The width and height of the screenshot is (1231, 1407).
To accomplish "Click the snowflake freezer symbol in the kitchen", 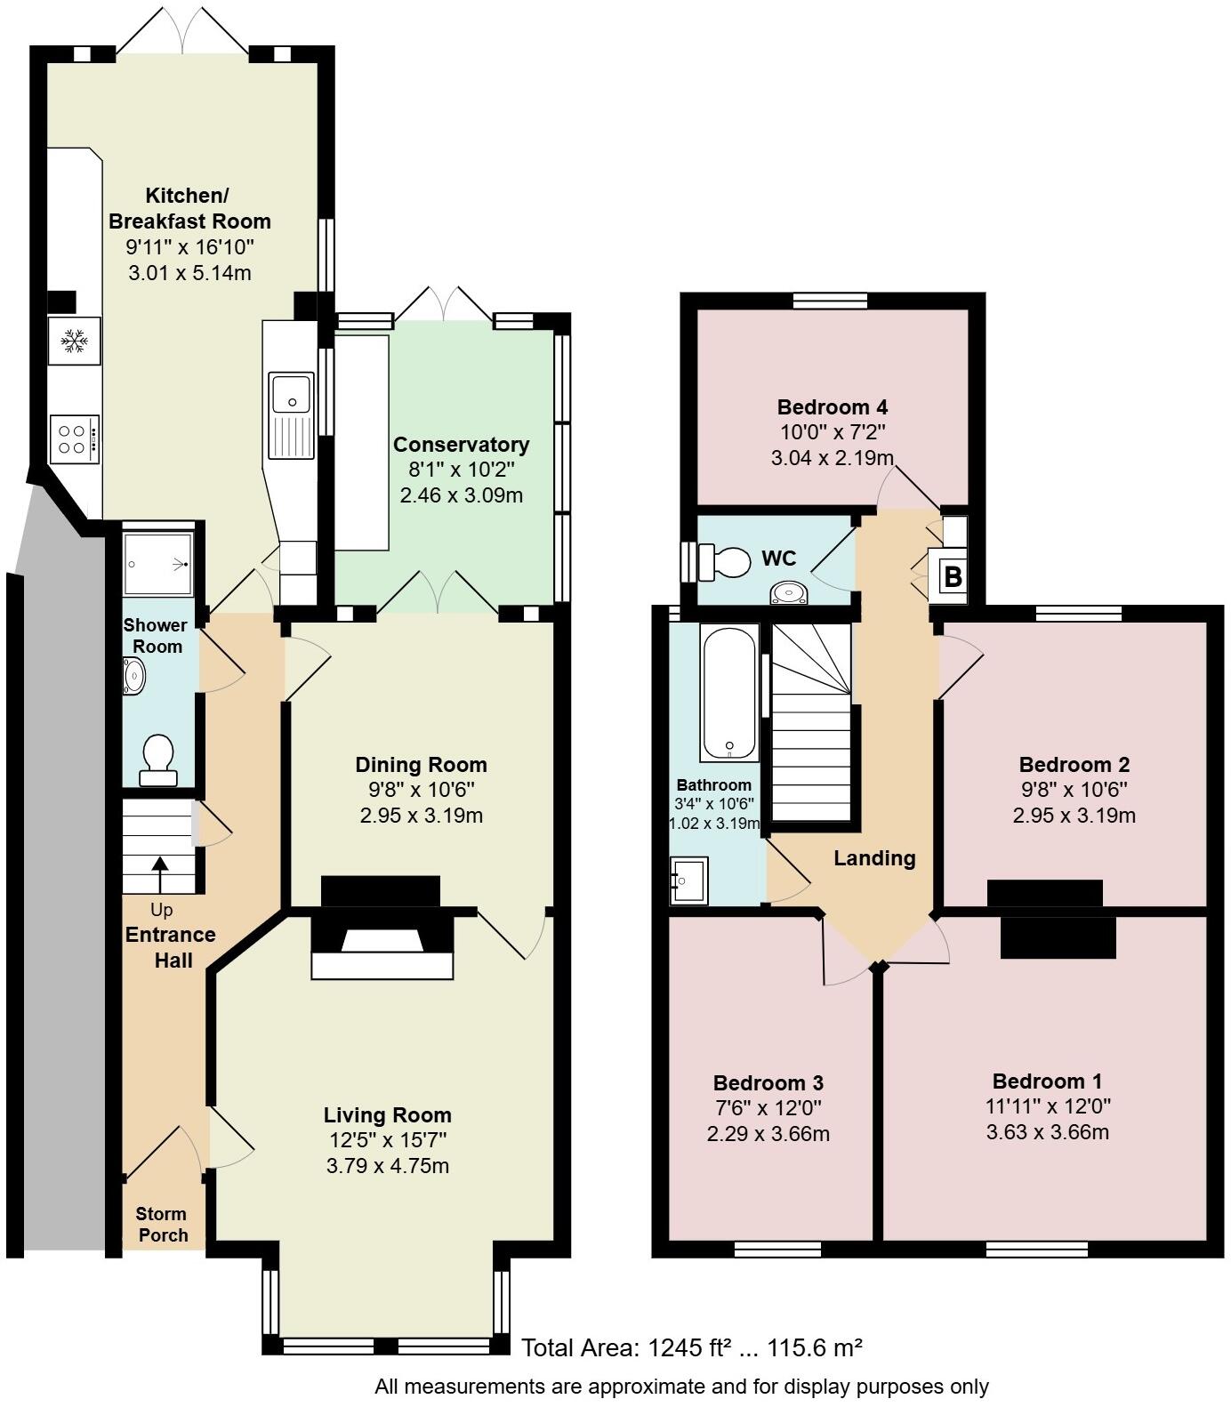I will click(x=74, y=341).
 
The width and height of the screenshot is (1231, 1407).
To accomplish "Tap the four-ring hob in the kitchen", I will click(x=73, y=438).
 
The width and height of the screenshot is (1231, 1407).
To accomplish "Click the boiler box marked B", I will click(x=952, y=577).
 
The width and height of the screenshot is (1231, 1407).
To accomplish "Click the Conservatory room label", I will click(x=461, y=445).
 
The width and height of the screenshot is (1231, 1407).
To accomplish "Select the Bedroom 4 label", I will click(x=832, y=408).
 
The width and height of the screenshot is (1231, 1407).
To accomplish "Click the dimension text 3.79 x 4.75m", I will click(x=387, y=1166).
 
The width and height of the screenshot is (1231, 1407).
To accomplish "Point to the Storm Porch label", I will click(x=162, y=1225).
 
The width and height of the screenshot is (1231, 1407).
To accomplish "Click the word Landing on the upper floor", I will click(x=874, y=858).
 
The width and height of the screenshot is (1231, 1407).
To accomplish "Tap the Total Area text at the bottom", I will click(x=691, y=1347).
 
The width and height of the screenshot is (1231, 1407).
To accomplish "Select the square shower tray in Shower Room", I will click(x=157, y=563).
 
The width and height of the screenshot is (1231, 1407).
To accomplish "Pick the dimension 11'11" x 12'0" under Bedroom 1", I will click(x=1046, y=1107).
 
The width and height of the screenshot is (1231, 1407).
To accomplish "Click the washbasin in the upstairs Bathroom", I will click(x=688, y=880).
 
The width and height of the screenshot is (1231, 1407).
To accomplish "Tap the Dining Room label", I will click(x=421, y=765).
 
